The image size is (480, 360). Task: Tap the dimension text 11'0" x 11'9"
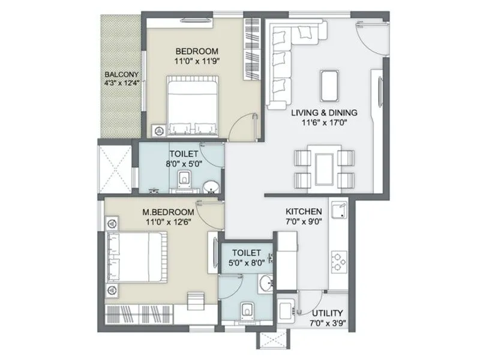point(196,61)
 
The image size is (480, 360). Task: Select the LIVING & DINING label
point(324,112)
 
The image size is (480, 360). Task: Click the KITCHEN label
point(304,212)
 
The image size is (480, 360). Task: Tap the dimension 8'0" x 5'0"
point(180,163)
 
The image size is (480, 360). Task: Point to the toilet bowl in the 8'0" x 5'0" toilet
point(184,178)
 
